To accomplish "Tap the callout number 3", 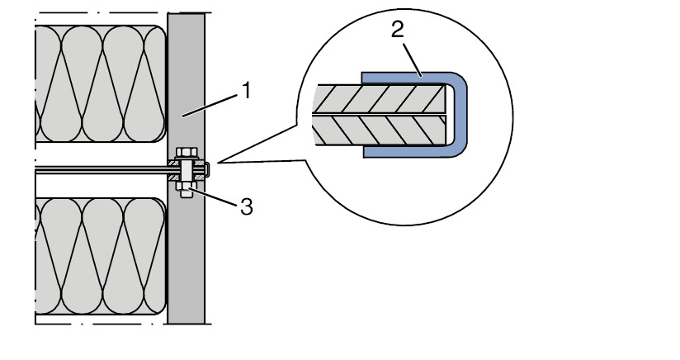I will (x=246, y=206).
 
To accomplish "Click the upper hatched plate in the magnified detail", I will (x=380, y=98).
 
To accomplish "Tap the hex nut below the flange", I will (x=186, y=190).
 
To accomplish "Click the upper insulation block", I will (x=99, y=83).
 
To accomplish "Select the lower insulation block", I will (x=99, y=256).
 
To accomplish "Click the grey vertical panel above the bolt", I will (x=186, y=83).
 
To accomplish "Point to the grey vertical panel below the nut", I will (x=186, y=264).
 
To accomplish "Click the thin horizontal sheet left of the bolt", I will (x=99, y=171).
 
